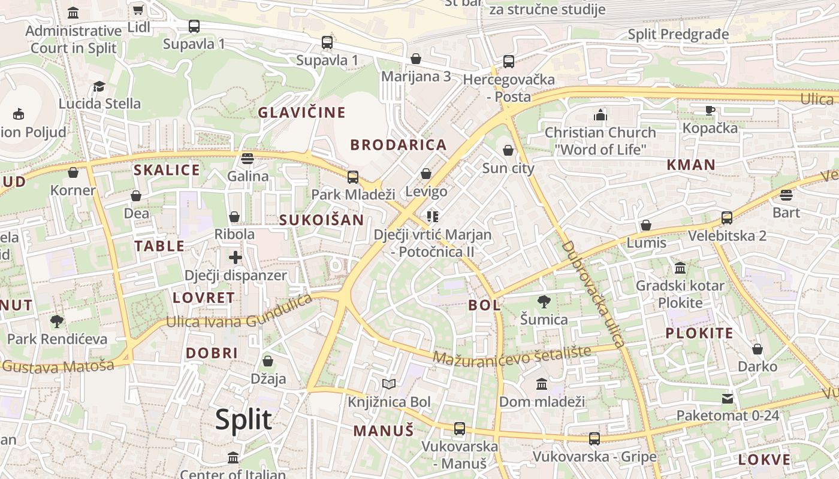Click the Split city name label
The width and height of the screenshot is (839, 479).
243,420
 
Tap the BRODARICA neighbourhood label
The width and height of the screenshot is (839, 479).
399,145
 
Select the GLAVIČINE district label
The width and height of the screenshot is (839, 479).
302,113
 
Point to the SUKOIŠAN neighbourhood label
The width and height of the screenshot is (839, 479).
322,220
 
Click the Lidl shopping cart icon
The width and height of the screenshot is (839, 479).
138,10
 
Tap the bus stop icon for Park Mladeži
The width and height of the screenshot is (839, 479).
353,177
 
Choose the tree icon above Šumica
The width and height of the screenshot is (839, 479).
544,301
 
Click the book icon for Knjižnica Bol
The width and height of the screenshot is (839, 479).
389,384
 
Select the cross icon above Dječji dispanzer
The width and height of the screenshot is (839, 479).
235,257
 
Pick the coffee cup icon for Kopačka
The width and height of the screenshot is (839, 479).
710,110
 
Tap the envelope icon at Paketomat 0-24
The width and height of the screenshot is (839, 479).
728,398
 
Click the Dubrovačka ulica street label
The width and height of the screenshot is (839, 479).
593,293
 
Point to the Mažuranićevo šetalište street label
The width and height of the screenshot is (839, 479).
512,355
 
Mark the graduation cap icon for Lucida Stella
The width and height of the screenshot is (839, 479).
99,86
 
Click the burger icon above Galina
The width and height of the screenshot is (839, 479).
248,159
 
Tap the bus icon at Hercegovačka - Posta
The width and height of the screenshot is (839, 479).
509,61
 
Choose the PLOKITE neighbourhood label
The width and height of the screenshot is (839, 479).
699,334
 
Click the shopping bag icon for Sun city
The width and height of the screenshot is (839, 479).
508,150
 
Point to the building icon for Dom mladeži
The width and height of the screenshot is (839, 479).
542,384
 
